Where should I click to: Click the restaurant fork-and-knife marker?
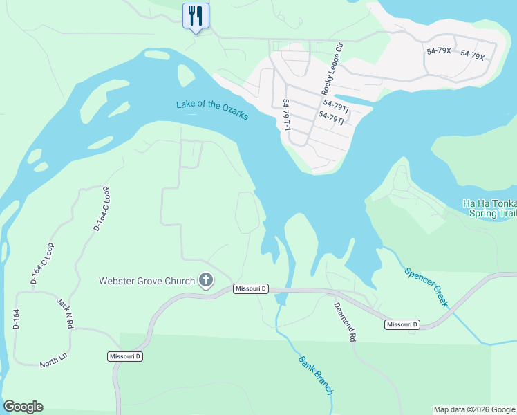click(x=196, y=15)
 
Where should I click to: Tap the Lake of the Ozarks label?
click(x=211, y=109)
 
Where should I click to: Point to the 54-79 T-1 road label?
click(x=285, y=115)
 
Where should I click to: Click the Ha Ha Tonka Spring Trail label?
click(x=489, y=209)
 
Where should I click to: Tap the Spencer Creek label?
click(x=426, y=288)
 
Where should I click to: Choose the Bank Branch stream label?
click(x=316, y=375)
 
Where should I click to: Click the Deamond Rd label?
click(x=345, y=322)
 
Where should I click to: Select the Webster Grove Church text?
click(x=147, y=281)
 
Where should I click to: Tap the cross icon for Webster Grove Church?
click(x=205, y=280)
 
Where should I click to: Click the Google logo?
click(x=23, y=407)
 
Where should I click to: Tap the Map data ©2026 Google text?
click(x=474, y=409)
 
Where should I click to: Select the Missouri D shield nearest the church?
click(x=250, y=288)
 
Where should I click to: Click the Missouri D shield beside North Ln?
click(x=125, y=356)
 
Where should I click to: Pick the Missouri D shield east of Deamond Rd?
click(x=402, y=324)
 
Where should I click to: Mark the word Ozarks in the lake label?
click(x=234, y=113)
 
